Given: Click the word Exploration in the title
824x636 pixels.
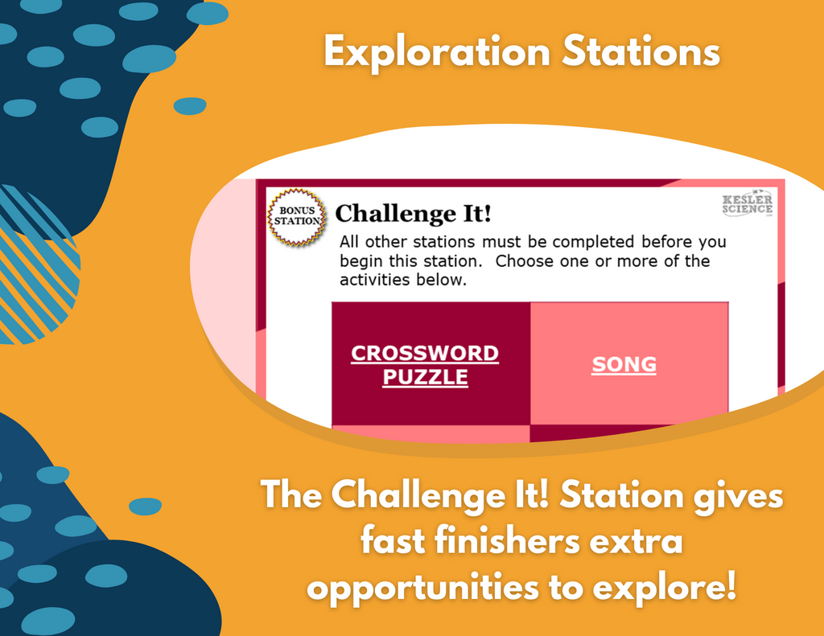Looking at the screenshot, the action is click(x=437, y=52).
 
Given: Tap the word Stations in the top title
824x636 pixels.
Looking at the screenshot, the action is click(x=641, y=51).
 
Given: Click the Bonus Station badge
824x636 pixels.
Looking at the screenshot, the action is click(x=297, y=217).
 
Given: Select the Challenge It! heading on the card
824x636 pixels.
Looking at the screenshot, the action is click(x=413, y=213).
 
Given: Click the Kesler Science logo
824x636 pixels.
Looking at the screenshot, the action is click(x=748, y=203).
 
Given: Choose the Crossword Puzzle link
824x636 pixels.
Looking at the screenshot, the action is click(x=425, y=365).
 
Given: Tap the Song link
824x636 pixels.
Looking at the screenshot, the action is click(x=624, y=364).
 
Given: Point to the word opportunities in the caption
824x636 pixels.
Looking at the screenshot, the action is click(x=423, y=588).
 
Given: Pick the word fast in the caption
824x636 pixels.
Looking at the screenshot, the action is click(x=393, y=541).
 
